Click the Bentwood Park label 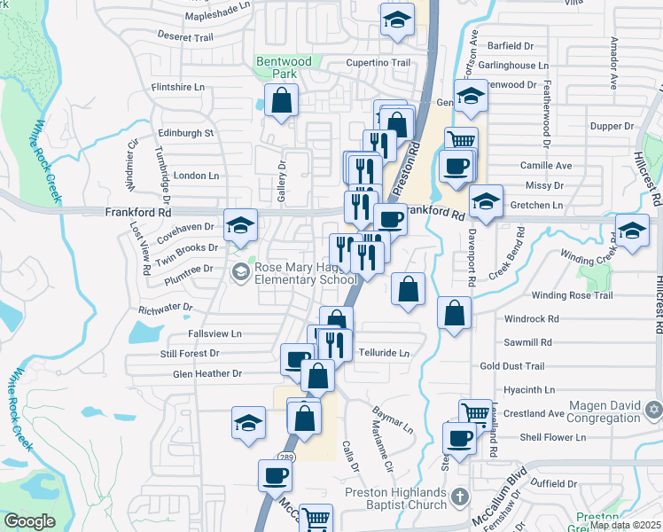tap(285, 68)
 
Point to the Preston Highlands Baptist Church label tap(395, 499)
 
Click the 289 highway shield tap(283, 456)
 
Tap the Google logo tap(29, 521)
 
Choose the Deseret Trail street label tap(186, 37)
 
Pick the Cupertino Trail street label tap(378, 64)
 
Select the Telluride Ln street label tap(384, 353)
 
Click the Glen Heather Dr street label tap(207, 374)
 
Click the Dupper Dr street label tap(612, 126)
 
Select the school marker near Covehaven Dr tap(240, 226)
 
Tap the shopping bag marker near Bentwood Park tap(281, 101)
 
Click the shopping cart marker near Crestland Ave tap(475, 412)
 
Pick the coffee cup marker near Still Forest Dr tap(296, 359)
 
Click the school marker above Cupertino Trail tap(397, 20)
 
